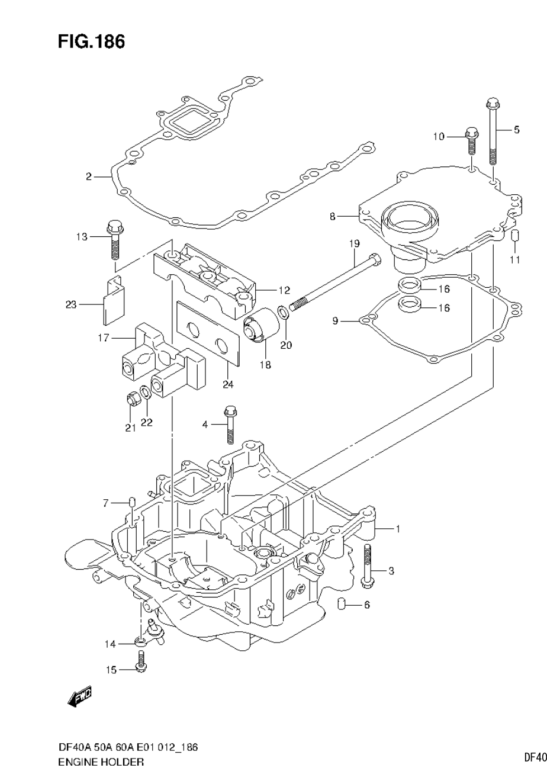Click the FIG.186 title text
tap(91, 42)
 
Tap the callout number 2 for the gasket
tap(88, 176)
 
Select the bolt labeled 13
tap(114, 239)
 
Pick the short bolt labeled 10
tap(472, 140)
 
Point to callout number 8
tap(333, 217)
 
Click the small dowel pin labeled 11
tap(515, 237)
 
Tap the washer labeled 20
tap(283, 311)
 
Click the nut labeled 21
tap(131, 400)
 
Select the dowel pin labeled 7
tap(133, 503)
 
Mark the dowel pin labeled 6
tap(342, 605)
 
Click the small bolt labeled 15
tap(141, 661)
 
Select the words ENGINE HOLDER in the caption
tap(101, 762)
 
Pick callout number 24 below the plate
tap(228, 384)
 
